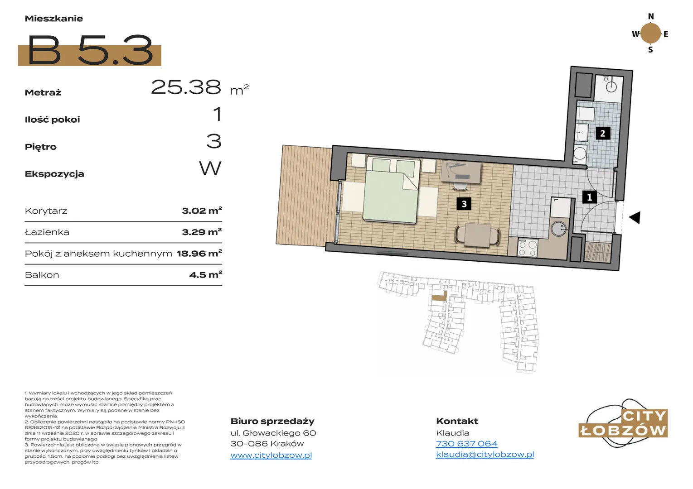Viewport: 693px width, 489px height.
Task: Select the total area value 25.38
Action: [x=186, y=87]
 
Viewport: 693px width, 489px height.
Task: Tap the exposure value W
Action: [x=210, y=168]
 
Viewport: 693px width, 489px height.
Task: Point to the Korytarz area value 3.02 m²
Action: [x=202, y=211]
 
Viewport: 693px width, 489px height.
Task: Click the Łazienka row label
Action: [x=47, y=232]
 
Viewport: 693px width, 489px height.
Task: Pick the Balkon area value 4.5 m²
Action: [x=206, y=274]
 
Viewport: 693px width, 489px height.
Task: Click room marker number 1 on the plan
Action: [x=589, y=197]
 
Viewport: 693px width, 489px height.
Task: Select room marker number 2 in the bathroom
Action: [x=603, y=133]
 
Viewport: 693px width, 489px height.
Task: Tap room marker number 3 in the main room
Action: [x=464, y=204]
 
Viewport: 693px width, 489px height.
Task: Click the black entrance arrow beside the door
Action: [x=635, y=218]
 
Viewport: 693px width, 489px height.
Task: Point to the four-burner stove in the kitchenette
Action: [x=528, y=249]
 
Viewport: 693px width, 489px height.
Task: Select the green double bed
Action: [x=391, y=189]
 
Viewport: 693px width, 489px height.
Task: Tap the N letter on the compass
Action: [x=651, y=16]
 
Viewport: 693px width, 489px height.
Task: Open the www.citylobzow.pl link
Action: [x=271, y=455]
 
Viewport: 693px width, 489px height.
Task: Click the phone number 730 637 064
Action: [x=466, y=444]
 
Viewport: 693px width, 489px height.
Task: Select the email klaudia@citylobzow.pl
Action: [x=485, y=455]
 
